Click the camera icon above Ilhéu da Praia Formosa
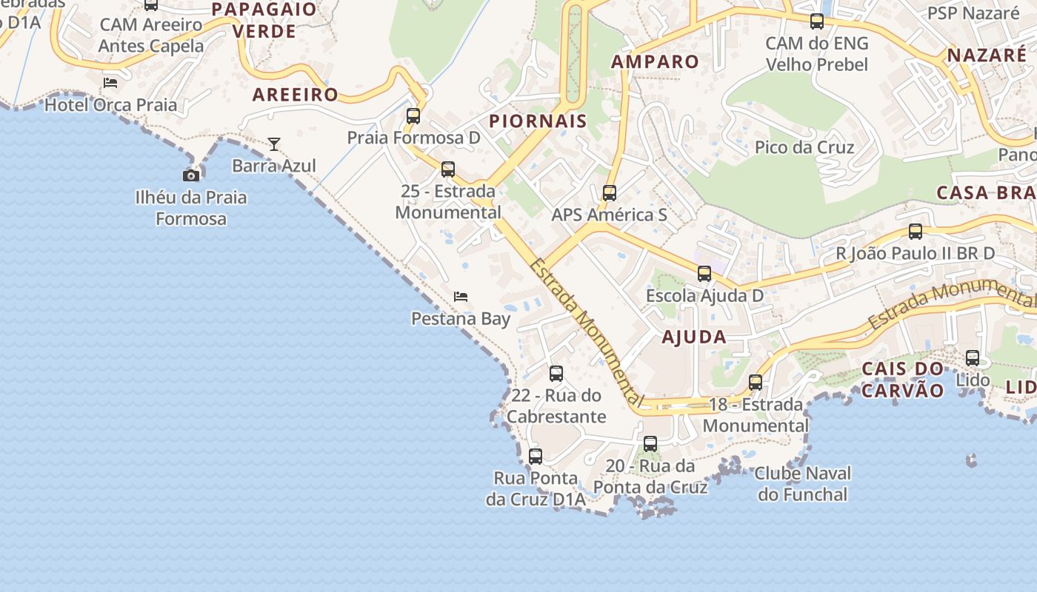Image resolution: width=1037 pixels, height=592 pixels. click(x=191, y=175)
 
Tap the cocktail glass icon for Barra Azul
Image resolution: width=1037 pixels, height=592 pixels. click(x=274, y=144)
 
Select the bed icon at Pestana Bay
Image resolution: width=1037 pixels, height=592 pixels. click(x=461, y=297)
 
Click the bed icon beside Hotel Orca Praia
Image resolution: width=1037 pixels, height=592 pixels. click(x=110, y=83)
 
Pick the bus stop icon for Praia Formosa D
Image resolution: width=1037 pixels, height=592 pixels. click(x=413, y=116)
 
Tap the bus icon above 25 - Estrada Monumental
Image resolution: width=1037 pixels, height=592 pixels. click(x=448, y=169)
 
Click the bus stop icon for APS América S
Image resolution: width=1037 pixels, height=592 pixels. click(x=610, y=193)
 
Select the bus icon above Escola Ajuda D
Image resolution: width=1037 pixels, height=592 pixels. click(x=704, y=274)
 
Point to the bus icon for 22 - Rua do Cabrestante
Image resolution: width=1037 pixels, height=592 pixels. click(x=556, y=374)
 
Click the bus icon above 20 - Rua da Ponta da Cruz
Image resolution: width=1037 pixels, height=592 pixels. click(x=650, y=444)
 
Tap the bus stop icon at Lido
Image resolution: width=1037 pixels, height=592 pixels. click(x=973, y=358)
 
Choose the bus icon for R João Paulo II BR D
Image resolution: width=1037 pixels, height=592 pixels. click(x=916, y=232)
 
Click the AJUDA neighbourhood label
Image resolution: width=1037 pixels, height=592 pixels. click(x=694, y=337)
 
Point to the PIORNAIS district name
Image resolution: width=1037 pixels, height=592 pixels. click(x=538, y=121)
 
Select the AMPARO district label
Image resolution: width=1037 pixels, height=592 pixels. click(x=656, y=62)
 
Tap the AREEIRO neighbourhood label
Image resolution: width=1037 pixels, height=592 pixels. click(x=296, y=95)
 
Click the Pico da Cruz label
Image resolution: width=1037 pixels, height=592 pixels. click(x=804, y=147)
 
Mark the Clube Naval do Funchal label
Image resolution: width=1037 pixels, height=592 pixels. click(x=802, y=483)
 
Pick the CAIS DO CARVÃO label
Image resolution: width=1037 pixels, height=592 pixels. click(x=903, y=380)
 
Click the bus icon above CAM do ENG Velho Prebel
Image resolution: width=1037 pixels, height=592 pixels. click(x=817, y=21)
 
